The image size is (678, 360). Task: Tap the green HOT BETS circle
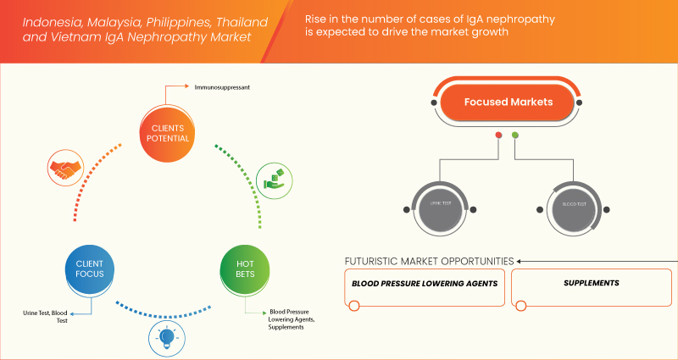(x=244, y=269)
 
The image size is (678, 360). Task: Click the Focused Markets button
(x=508, y=102)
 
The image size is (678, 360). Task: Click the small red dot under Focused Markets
(x=498, y=136)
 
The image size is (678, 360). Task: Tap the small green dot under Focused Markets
(x=515, y=136)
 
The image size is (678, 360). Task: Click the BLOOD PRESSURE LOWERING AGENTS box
(x=426, y=284)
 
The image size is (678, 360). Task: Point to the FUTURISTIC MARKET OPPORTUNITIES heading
(x=428, y=260)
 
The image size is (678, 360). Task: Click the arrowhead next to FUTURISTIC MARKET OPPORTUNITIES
(x=520, y=260)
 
